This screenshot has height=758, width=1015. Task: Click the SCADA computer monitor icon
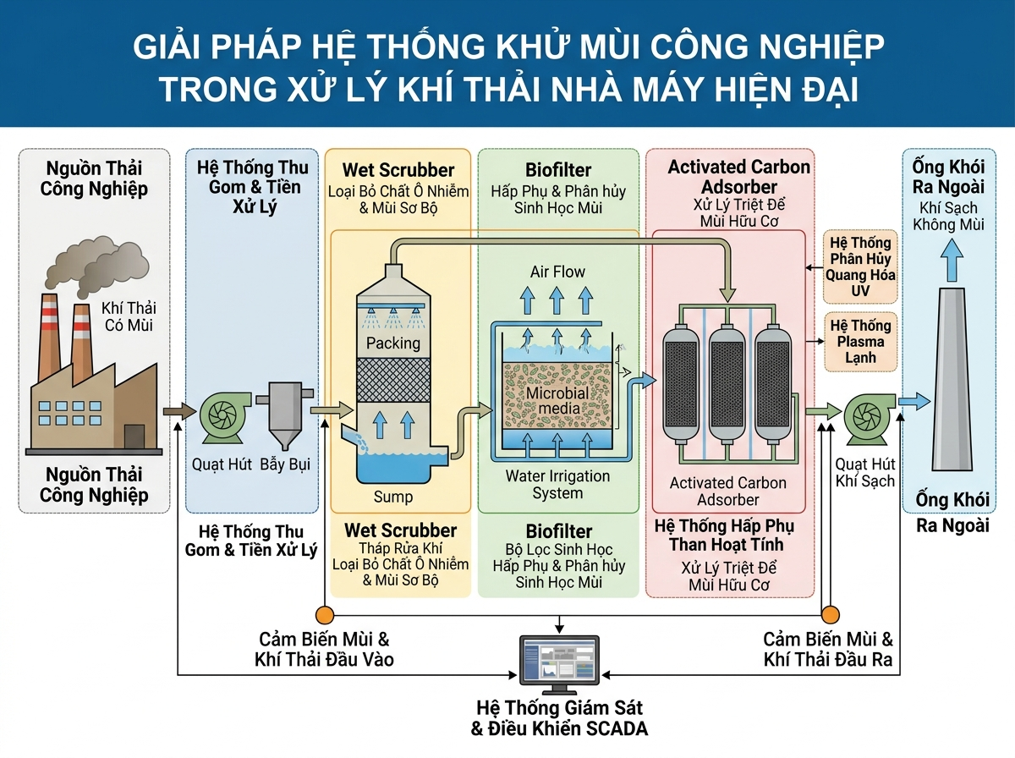pos(557,662)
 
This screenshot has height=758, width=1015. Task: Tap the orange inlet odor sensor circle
pos(323,615)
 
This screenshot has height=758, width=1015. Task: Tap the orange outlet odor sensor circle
pos(831,615)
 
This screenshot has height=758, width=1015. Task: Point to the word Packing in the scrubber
pos(393,343)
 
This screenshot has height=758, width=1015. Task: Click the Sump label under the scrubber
pos(393,496)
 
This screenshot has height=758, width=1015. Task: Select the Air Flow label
pos(557,272)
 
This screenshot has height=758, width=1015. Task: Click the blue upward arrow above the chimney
pos(951,257)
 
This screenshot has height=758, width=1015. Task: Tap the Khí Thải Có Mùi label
pos(129,316)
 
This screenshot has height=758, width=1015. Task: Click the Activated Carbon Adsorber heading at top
pos(738,176)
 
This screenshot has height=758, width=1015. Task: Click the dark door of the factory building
pos(134,437)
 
